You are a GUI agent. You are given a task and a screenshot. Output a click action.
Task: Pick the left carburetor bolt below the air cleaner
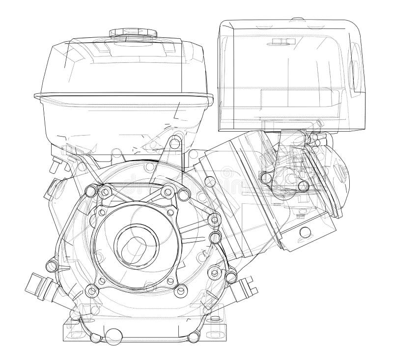click(268, 175)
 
